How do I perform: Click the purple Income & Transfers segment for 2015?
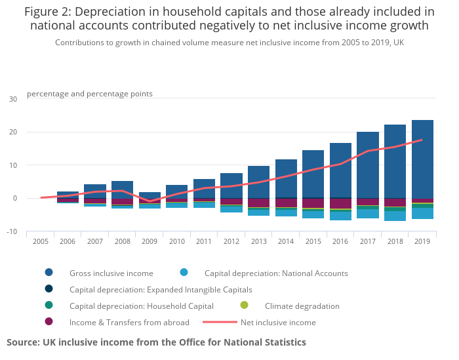(313, 203)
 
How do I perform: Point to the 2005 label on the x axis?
(41, 241)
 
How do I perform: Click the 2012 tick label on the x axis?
(231, 241)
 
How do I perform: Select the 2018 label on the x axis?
(395, 241)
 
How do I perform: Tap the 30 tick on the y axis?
(13, 99)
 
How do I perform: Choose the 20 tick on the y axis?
(13, 132)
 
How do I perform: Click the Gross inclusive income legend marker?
(49, 273)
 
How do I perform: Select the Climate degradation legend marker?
(245, 306)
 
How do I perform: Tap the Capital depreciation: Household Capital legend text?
(142, 306)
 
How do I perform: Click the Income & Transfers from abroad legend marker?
(49, 322)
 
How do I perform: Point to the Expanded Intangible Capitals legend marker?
(49, 289)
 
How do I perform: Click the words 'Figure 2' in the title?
(49, 11)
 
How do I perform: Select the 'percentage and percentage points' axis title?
(90, 94)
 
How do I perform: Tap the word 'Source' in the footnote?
(22, 342)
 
